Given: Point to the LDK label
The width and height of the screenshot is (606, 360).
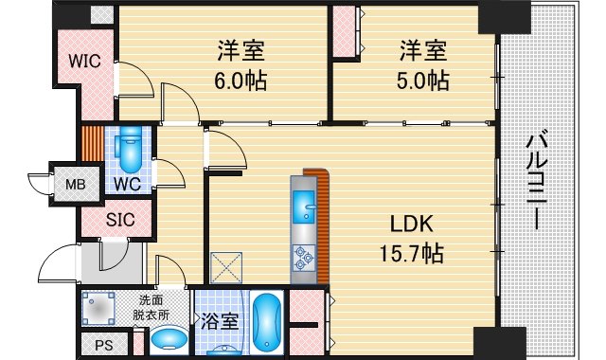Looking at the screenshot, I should (412, 225).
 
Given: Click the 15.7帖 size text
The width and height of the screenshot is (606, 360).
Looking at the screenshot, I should (412, 253).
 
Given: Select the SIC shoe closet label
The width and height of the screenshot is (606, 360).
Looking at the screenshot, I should (119, 220).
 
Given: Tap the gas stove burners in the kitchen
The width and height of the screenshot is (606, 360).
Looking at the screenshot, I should (306, 253).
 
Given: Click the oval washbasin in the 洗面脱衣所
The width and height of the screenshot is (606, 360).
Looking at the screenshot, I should (169, 340).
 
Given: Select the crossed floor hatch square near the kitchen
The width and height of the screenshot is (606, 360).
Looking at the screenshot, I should (228, 267).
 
